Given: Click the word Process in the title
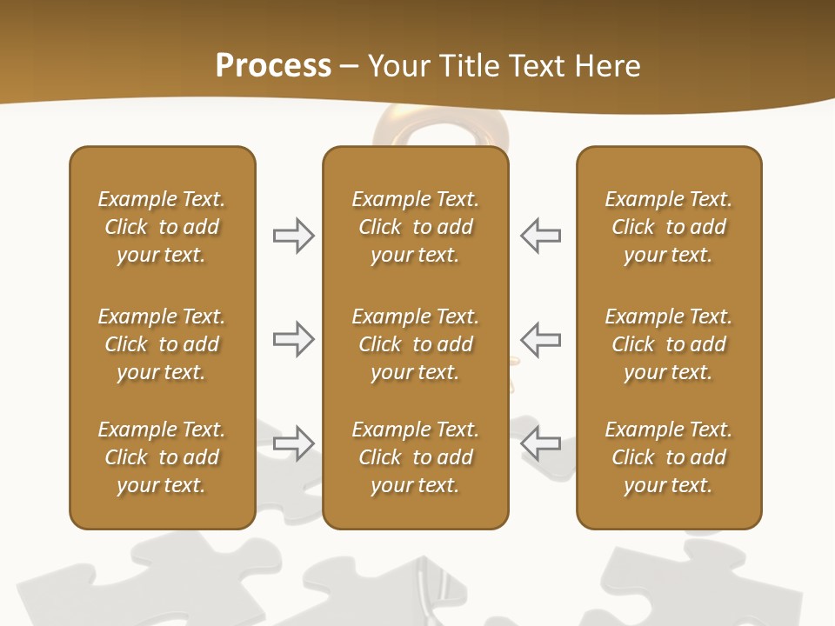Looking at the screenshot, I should [273, 65].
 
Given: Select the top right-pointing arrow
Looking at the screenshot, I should [294, 235].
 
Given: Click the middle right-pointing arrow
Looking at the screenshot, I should [294, 339].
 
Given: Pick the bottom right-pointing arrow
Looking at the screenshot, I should [294, 443].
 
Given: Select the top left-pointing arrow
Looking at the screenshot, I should [540, 235].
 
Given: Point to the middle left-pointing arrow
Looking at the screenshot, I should [540, 339].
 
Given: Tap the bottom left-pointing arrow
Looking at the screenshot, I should [540, 443].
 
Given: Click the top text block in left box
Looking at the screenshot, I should [162, 227].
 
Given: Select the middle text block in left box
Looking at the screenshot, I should [162, 344].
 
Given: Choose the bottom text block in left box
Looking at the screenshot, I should [162, 457].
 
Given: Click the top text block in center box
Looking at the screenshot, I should [416, 227].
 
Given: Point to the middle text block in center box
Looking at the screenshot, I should [416, 344].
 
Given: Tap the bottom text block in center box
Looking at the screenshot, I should [416, 457].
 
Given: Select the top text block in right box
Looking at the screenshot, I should [669, 227].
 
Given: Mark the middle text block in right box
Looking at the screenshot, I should [669, 344].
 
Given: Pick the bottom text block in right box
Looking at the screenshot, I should [669, 457].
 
